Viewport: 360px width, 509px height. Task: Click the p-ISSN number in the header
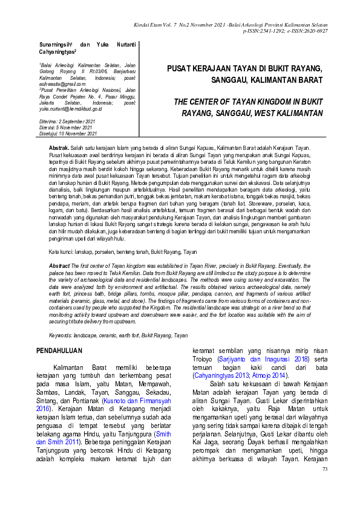(x=266, y=31)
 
